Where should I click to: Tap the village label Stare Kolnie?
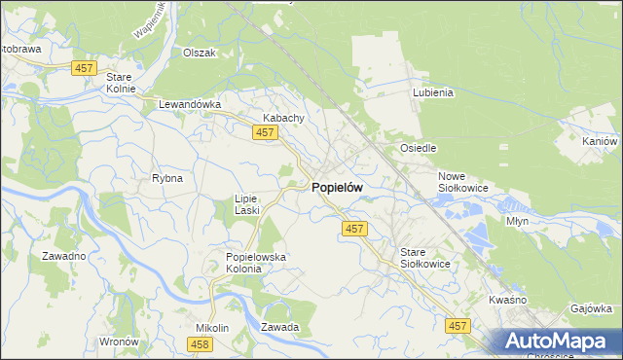[121, 82]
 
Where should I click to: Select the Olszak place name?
[199, 54]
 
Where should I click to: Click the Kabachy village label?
[283, 118]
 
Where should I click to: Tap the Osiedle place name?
[419, 148]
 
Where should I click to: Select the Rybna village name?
[167, 179]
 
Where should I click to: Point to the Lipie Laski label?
[245, 203]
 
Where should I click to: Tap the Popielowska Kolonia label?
[243, 263]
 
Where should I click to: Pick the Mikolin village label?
[212, 328]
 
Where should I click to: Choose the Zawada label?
[279, 328]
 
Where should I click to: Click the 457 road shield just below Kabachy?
[264, 133]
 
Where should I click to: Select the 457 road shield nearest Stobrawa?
[84, 66]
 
